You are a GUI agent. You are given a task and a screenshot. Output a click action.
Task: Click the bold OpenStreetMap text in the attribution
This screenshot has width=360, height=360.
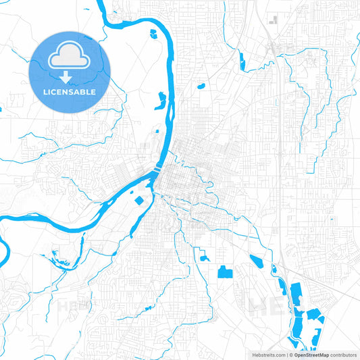tap(311, 354)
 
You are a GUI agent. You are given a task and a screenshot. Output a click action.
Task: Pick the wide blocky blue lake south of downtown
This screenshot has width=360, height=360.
tap(224, 272)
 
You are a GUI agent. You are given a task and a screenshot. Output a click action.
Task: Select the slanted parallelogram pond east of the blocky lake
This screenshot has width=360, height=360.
tap(256, 261)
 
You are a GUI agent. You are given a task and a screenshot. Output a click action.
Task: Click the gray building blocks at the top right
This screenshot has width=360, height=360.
tap(274, 20)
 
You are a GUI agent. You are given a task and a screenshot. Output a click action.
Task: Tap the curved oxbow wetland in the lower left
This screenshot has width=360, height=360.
tap(53, 257)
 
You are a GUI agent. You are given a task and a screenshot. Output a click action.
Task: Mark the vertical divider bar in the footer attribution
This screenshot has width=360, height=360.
tap(287, 354)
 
